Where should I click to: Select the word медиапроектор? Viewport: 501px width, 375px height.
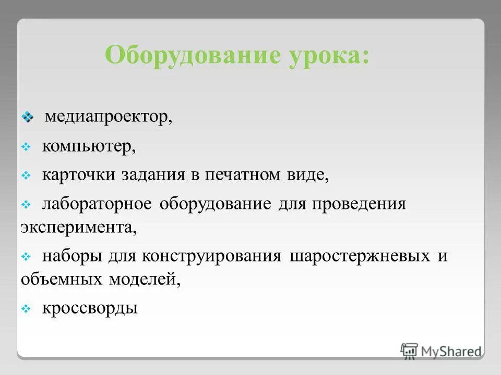[x=108, y=117]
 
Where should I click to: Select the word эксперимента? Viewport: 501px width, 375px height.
[x=78, y=228]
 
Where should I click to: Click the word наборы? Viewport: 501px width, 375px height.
[x=73, y=257]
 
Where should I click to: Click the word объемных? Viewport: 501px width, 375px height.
[x=62, y=280]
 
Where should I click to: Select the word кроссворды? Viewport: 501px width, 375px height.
[x=90, y=308]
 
